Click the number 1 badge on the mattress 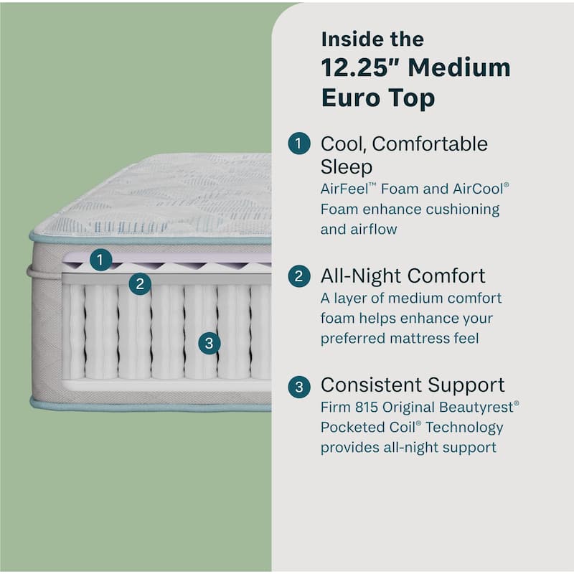[x=100, y=260]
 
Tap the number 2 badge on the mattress [x=140, y=284]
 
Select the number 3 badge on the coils [x=209, y=343]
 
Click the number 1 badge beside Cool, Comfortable [x=298, y=144]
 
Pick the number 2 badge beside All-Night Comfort [x=298, y=276]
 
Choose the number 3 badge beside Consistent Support [x=298, y=387]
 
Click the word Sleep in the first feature [x=347, y=167]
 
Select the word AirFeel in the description [x=349, y=189]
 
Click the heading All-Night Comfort [x=403, y=276]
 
